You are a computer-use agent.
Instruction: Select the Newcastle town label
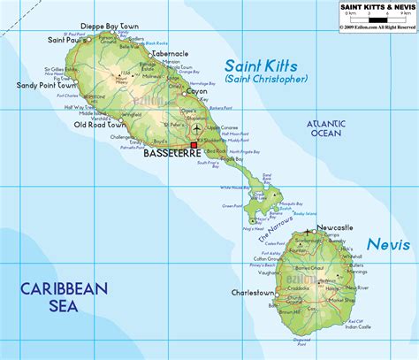tap(335, 227)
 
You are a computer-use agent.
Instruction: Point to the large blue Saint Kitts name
tap(263, 66)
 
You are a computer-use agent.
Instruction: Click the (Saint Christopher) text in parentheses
tap(266, 80)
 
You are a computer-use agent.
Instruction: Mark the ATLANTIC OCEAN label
tap(324, 128)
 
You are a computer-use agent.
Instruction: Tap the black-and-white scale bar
tap(377, 19)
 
